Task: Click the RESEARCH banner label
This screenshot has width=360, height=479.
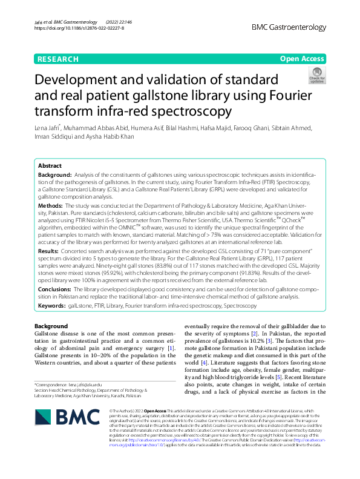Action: pyautogui.click(x=58, y=59)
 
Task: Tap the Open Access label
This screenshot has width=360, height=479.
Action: pyautogui.click(x=302, y=59)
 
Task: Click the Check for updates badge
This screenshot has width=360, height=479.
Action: pyautogui.click(x=316, y=76)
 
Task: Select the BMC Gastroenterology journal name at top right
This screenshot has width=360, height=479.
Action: pyautogui.click(x=288, y=28)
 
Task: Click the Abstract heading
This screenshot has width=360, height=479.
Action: pyautogui.click(x=50, y=165)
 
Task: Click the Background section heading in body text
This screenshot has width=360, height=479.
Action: pyautogui.click(x=51, y=326)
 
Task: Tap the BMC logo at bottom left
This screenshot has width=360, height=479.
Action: pyautogui.click(x=61, y=417)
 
